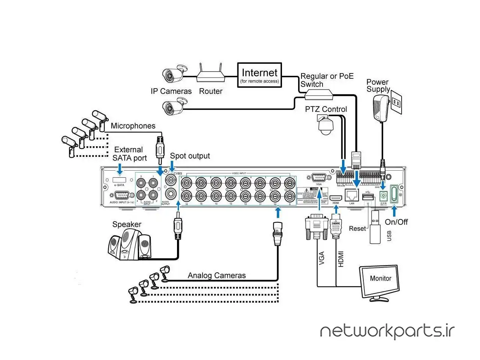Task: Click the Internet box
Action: pos(259,75)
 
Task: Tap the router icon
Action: pos(211,75)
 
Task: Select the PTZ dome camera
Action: pos(325,125)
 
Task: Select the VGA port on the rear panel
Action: pos(319,178)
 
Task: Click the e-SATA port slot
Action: pos(119,180)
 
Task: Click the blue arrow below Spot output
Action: pos(172,165)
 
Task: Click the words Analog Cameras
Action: pos(217,276)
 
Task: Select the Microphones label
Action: pos(133,126)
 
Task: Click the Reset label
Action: pos(357,228)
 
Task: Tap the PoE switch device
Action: pos(318,94)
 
